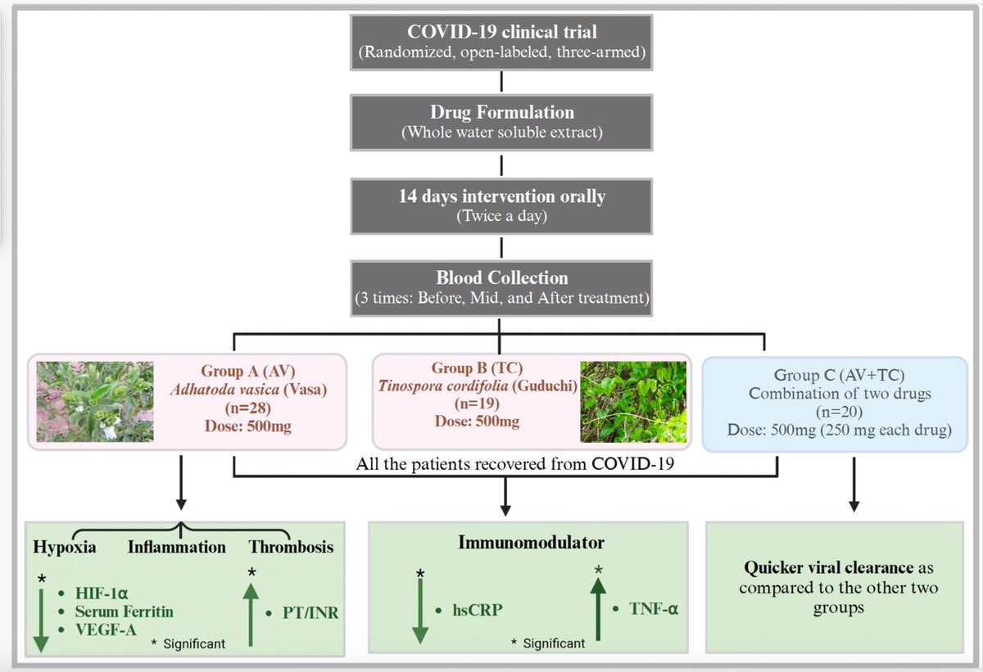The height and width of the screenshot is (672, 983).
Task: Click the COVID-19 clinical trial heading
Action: pos(501,34)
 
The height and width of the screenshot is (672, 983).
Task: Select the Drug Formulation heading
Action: pos(501,111)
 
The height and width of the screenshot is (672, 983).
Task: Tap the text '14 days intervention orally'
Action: pos(501,196)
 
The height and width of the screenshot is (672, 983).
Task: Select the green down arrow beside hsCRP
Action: pos(419,610)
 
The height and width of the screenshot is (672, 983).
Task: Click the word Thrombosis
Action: pos(291,546)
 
